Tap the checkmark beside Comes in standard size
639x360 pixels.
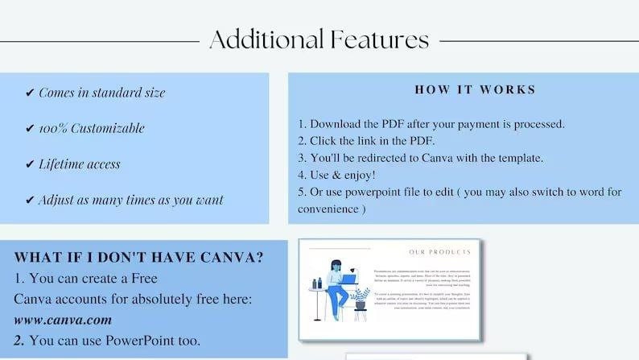(30, 93)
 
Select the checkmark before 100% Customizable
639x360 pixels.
(30, 129)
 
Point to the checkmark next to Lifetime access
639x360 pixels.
(30, 164)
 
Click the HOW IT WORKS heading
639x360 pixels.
(475, 90)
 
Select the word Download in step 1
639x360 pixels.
(338, 124)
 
